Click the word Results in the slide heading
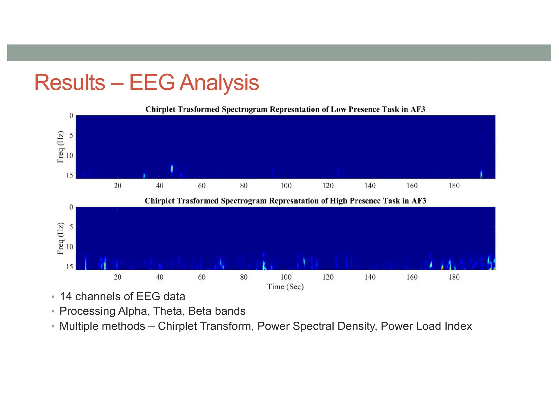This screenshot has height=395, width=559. (x=70, y=83)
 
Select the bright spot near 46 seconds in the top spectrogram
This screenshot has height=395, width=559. (x=172, y=169)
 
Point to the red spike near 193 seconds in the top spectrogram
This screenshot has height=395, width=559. (x=481, y=175)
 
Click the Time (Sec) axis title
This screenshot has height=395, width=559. (x=285, y=287)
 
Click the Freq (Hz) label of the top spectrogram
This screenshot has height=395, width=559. (x=60, y=147)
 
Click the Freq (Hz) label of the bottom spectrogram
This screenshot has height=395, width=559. (x=60, y=238)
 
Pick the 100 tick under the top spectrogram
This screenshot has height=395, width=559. (x=286, y=186)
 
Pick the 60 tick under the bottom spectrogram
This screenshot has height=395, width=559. (x=202, y=277)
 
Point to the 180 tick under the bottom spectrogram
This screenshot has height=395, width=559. (x=454, y=277)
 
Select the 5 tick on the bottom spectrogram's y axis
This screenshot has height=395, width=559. (x=71, y=227)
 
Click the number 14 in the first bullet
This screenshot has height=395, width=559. (x=66, y=297)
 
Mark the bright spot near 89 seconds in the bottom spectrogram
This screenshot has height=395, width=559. (x=264, y=265)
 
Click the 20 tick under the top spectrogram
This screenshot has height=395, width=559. (x=118, y=186)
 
